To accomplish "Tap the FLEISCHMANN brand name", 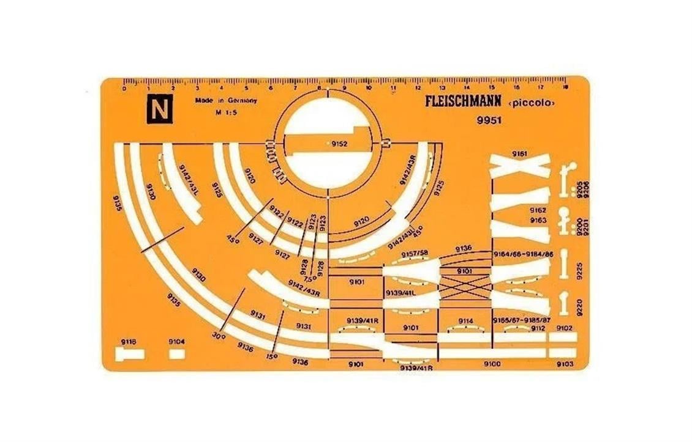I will click(x=463, y=101).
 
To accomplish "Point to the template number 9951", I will click(x=489, y=120).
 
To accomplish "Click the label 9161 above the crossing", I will click(x=519, y=153).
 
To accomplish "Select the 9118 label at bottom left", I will click(x=129, y=342).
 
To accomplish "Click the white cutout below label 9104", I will click(x=177, y=353).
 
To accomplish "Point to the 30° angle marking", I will click(x=219, y=336).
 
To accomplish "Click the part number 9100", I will click(x=492, y=364).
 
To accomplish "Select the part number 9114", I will click(x=465, y=321).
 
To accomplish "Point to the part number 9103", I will click(x=564, y=364).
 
